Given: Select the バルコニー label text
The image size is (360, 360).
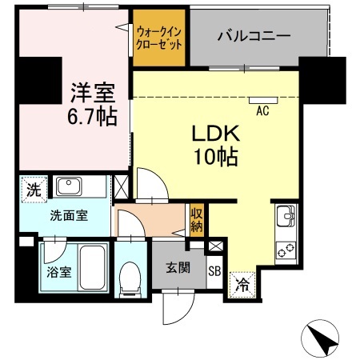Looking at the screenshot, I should coord(254,37).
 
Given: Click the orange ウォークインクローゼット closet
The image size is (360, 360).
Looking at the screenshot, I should coord(159,37).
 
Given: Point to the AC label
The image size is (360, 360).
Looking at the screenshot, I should coord(262,112).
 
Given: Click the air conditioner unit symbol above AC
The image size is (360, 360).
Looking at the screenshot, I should coord(262,102).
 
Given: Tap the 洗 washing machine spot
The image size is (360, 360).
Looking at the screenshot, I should coord(32,190).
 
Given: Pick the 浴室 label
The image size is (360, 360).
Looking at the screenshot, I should coord(58,271).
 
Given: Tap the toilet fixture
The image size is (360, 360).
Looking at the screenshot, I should coord(128,276).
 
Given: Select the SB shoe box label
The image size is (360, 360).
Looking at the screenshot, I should coord(214,270).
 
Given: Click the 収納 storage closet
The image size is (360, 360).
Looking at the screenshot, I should coord(197,219).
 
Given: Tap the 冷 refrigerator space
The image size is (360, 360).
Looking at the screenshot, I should coord(242,282).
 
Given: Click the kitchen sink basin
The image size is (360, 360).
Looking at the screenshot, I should coord(286,216).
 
